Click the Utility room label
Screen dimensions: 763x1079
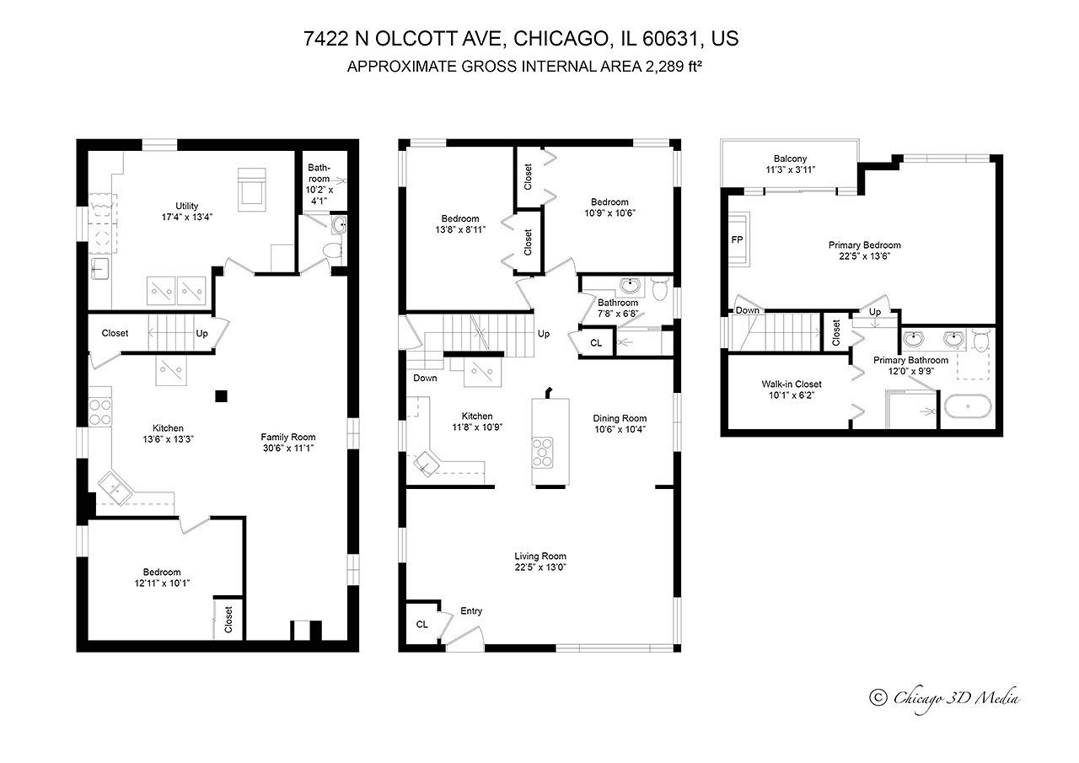186,206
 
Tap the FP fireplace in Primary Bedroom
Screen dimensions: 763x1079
737,240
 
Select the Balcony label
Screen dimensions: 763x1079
790,159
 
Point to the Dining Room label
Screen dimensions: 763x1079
619,418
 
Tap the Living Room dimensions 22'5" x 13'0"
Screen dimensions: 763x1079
539,567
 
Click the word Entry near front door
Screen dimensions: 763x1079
470,611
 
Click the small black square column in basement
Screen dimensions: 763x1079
221,395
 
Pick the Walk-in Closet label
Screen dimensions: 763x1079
791,384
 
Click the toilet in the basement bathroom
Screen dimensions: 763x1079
334,250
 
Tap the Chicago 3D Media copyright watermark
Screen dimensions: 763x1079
945,697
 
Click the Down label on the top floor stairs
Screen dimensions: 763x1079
747,310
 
